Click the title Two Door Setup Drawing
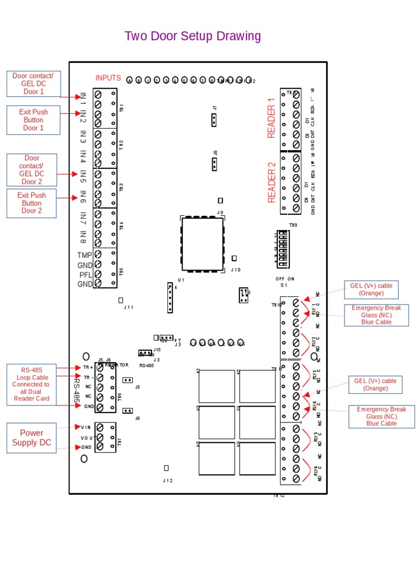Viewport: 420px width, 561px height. click(192, 36)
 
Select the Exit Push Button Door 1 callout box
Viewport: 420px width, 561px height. click(33, 120)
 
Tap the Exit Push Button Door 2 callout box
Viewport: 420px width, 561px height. click(31, 203)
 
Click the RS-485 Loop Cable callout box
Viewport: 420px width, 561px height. click(31, 384)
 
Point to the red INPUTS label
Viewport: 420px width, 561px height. click(108, 78)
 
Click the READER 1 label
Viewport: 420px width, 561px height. click(271, 118)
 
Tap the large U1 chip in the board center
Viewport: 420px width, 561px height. click(203, 244)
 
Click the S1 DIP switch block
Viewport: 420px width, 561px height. click(283, 250)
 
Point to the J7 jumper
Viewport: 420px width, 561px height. click(215, 120)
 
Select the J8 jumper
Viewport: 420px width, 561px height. click(215, 163)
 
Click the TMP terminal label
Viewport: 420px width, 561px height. click(85, 255)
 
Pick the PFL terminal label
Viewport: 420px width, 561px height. click(85, 274)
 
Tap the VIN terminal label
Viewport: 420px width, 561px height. click(86, 427)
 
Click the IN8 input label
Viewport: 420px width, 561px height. click(83, 237)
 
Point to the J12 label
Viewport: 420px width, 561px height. click(167, 480)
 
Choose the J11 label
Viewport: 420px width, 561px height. click(129, 307)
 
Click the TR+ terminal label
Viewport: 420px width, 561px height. click(87, 368)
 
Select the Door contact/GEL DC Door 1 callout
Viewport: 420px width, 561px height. click(33, 83)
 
